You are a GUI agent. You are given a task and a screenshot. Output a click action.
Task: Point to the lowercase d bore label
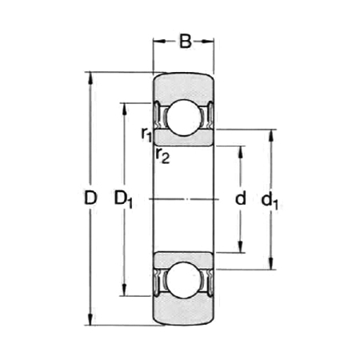240,199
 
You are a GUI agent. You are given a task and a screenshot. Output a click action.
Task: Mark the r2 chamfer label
162,154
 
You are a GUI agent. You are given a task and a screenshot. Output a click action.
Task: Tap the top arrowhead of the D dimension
90,78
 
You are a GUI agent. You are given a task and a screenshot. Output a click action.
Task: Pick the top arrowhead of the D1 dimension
123,107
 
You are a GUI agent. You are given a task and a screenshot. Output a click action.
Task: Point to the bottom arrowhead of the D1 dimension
123,291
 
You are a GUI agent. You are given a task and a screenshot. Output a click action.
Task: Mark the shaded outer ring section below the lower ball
183,314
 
